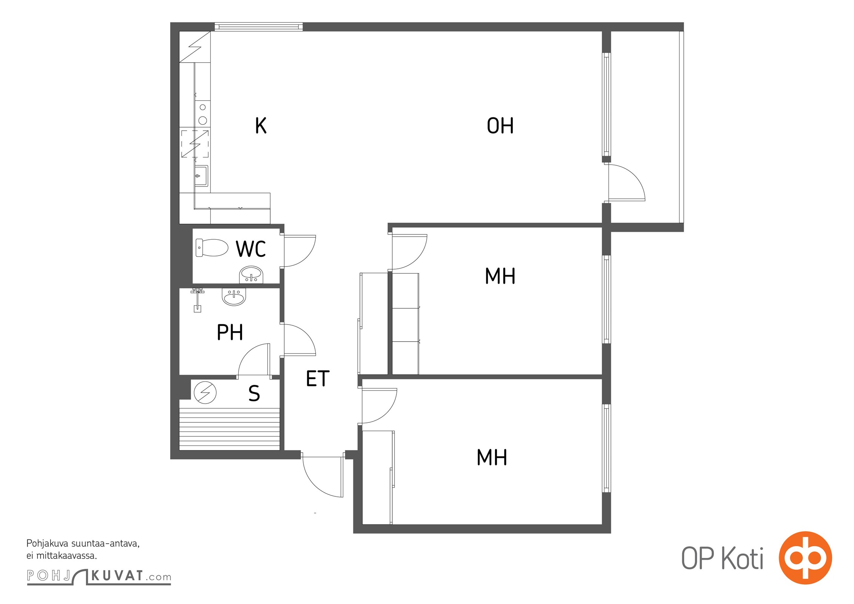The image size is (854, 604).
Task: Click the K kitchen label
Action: coord(261,126)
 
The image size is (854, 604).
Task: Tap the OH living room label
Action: coord(500,126)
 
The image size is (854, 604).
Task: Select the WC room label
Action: coord(251,249)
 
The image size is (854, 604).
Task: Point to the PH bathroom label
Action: coord(230,332)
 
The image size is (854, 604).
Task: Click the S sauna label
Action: coord(254,393)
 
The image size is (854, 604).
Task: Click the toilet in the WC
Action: coord(212,248)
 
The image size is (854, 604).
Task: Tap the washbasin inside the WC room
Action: coord(251,274)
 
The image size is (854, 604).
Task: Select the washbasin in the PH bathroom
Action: coord(234,297)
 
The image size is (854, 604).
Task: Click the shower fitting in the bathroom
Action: coord(197,300)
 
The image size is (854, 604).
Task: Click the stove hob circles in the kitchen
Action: coord(203,114)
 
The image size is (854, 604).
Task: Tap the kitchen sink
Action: coord(201,176)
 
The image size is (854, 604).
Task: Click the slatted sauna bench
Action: coord(229,429)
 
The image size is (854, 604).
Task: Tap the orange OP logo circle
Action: coord(805,558)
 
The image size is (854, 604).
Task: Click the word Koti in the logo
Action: coord(742,558)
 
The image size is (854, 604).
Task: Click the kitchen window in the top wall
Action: coord(259,27)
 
